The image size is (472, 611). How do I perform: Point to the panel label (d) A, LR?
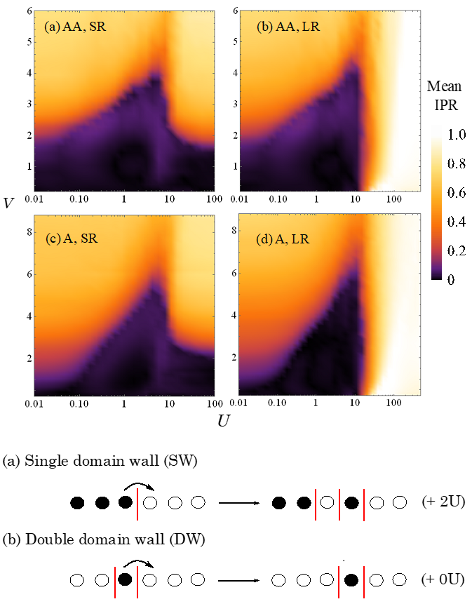click(x=279, y=237)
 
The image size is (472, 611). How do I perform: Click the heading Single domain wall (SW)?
click(x=95, y=462)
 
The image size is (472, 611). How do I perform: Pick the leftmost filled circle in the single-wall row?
click(x=78, y=502)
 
